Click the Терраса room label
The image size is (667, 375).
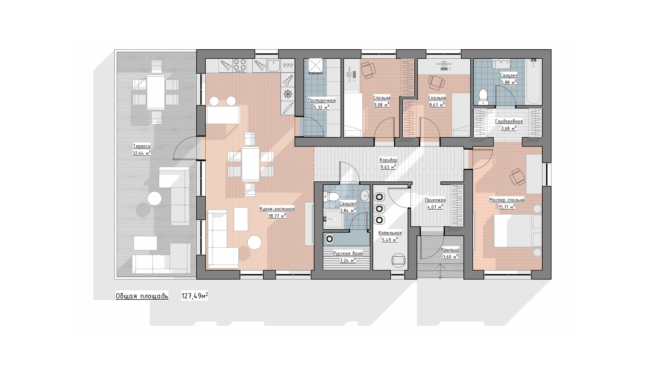(x=141, y=146)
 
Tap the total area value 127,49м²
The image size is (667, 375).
(x=195, y=296)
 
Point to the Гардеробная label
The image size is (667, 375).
(x=509, y=122)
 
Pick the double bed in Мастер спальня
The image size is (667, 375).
(x=517, y=231)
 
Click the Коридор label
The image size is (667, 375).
(x=388, y=160)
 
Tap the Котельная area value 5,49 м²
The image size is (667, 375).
(x=390, y=240)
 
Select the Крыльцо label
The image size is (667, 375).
(x=450, y=250)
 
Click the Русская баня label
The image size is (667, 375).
(x=347, y=253)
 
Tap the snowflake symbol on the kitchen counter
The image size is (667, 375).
(x=287, y=94)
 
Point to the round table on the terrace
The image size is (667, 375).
(x=154, y=199)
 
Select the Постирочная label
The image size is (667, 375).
(x=321, y=100)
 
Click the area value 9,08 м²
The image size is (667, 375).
(x=381, y=105)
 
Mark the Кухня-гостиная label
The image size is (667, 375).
(x=277, y=209)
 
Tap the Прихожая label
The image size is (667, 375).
(x=435, y=200)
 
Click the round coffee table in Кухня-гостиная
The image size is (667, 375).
(x=254, y=242)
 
